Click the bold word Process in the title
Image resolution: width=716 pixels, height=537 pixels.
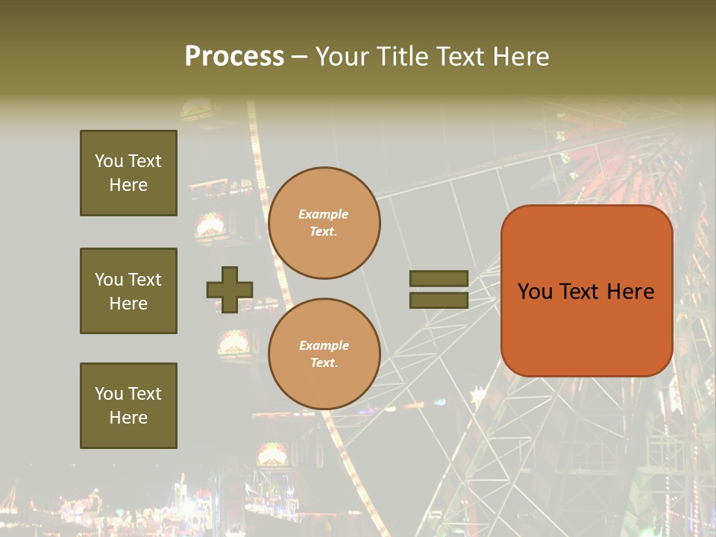234,57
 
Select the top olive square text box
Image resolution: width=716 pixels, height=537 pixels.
128,173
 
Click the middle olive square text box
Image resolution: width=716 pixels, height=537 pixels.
128,291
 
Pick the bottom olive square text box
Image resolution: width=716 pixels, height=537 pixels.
128,406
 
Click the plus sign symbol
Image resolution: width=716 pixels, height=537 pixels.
230,289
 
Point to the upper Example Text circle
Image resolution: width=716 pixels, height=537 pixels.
324,223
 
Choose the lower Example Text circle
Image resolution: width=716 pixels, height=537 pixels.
324,354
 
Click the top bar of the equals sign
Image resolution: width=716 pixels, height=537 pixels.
439,278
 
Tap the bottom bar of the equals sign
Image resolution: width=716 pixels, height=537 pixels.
439,300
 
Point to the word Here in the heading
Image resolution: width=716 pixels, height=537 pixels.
521,57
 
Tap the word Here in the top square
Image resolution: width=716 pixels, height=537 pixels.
128,185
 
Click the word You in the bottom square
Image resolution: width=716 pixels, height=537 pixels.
109,394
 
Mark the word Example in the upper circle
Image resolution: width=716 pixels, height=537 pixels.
324,214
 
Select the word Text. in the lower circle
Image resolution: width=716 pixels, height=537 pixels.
324,363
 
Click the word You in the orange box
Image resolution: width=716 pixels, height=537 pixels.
535,292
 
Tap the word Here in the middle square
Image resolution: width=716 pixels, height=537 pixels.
128,304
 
